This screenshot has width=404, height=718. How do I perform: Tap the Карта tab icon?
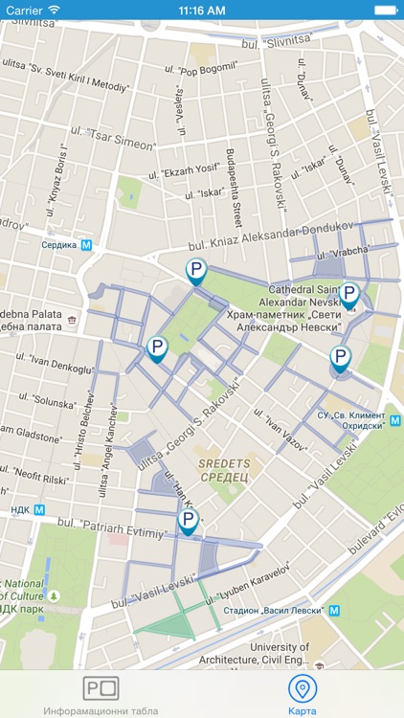click(x=303, y=688)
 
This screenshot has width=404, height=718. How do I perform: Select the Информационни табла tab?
click(x=101, y=688)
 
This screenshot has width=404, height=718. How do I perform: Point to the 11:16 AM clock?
click(x=202, y=10)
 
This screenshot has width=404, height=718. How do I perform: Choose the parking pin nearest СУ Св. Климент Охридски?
click(x=340, y=359)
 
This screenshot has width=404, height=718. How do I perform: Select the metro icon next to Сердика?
click(x=86, y=245)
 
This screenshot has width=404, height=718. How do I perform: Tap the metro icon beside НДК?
click(x=39, y=510)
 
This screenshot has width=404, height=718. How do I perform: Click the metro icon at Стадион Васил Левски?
click(x=334, y=610)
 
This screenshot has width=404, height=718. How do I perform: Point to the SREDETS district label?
click(x=224, y=468)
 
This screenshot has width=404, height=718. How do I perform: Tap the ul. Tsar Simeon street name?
click(x=115, y=140)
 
